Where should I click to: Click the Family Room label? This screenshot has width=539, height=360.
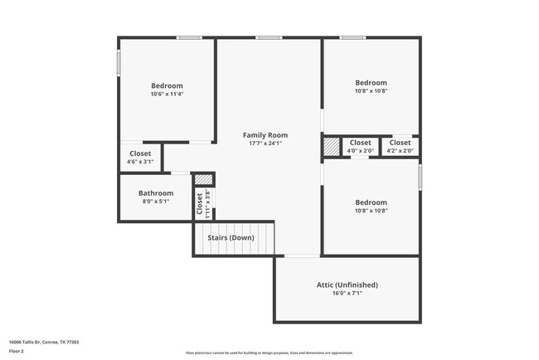pyautogui.click(x=265, y=134)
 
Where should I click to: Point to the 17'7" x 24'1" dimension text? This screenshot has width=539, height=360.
pyautogui.click(x=265, y=143)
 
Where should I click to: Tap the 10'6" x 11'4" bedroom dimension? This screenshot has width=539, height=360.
pyautogui.click(x=167, y=94)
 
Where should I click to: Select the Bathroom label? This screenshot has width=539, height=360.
pyautogui.click(x=156, y=193)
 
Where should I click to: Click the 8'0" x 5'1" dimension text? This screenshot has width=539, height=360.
pyautogui.click(x=156, y=202)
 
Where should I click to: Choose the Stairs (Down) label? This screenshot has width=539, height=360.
pyautogui.click(x=231, y=238)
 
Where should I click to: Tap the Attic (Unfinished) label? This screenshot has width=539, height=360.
pyautogui.click(x=347, y=285)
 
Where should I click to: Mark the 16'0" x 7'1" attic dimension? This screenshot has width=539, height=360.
pyautogui.click(x=347, y=293)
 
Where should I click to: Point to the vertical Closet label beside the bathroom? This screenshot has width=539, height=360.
pyautogui.click(x=200, y=203)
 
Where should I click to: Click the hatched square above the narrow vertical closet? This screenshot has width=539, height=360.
pyautogui.click(x=203, y=178)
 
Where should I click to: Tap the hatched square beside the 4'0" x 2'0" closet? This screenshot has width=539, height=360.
pyautogui.click(x=331, y=146)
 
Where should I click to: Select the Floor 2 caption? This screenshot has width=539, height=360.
pyautogui.click(x=17, y=352)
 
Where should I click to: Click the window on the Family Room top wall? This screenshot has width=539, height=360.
pyautogui.click(x=267, y=37)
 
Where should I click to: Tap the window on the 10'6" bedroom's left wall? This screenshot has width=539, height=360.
pyautogui.click(x=119, y=63)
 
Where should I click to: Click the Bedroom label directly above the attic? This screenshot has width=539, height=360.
pyautogui.click(x=371, y=202)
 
